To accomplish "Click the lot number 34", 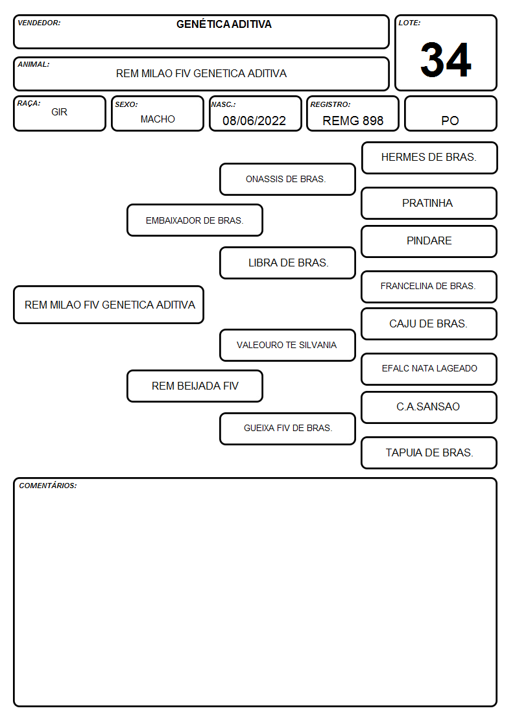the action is click(x=446, y=60).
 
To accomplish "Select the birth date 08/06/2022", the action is click(x=254, y=121).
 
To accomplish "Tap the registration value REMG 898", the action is click(x=353, y=121).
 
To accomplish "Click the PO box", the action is click(x=450, y=113).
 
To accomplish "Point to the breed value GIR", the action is click(x=60, y=112).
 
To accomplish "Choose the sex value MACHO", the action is click(x=158, y=119).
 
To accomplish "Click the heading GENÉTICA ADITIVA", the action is click(x=224, y=24).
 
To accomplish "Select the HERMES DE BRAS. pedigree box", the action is click(x=429, y=158).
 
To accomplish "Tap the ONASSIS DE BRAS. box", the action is click(x=287, y=179).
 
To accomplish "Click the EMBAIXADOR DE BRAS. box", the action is click(x=195, y=220).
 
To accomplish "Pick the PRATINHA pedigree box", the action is click(x=429, y=203).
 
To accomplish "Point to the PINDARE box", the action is click(x=429, y=241).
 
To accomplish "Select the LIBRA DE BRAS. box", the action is click(x=287, y=263).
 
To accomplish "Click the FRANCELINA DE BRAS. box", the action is click(x=429, y=287).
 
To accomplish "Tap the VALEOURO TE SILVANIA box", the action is click(x=287, y=345).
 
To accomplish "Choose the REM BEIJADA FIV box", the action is click(x=195, y=386).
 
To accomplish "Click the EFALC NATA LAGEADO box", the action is click(x=429, y=369).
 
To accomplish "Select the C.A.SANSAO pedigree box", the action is click(x=429, y=407).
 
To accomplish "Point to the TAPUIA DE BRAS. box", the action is click(x=429, y=452).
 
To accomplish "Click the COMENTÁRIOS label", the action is click(x=48, y=486).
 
